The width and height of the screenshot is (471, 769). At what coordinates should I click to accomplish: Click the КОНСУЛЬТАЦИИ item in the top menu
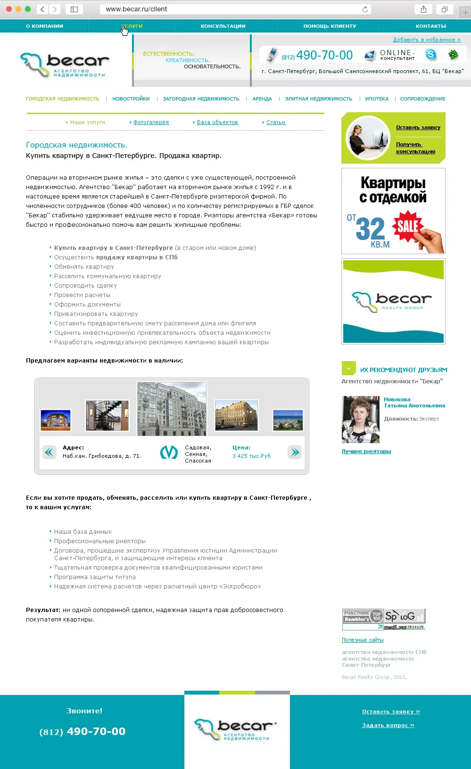tap(223, 26)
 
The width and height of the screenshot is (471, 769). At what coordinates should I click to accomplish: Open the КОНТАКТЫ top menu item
tap(430, 26)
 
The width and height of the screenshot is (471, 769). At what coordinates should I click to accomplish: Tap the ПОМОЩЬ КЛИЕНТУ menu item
tap(330, 26)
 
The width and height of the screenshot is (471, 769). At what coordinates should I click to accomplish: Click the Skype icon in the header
tap(431, 55)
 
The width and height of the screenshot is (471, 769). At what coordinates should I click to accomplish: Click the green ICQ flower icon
tap(453, 55)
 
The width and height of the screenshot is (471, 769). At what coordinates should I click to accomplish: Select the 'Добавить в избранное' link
tap(426, 40)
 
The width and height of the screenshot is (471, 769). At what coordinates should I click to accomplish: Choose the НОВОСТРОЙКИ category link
tap(131, 99)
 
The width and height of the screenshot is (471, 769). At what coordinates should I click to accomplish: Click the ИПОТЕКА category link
tap(377, 99)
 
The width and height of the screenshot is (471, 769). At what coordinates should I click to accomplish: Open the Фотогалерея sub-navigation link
tap(151, 122)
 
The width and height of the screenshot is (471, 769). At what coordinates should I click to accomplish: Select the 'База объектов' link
tap(217, 122)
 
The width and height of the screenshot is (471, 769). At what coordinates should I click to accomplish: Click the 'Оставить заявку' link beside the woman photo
tap(418, 127)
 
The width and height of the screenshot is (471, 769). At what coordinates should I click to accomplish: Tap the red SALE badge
tap(407, 226)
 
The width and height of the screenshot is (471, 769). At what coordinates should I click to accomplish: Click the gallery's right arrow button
tap(295, 453)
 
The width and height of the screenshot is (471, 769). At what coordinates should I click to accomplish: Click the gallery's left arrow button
tap(49, 453)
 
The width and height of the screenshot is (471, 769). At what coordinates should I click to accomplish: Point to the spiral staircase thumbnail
tap(107, 415)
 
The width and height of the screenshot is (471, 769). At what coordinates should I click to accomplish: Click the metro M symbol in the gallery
tap(169, 453)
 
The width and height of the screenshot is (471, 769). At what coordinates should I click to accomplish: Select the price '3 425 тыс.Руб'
tap(251, 456)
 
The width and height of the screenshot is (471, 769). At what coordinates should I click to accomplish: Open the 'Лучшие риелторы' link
tap(366, 451)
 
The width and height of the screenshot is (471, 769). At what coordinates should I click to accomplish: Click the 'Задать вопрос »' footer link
tap(388, 725)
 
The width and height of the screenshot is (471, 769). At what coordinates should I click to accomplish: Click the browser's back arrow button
tap(42, 9)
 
